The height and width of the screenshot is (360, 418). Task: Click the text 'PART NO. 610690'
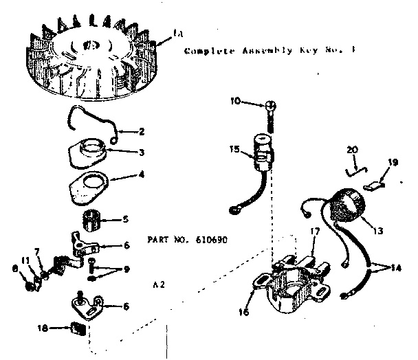[x=187, y=240]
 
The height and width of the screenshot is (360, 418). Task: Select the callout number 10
[x=235, y=102]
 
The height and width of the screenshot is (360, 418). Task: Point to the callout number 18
[x=44, y=329]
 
